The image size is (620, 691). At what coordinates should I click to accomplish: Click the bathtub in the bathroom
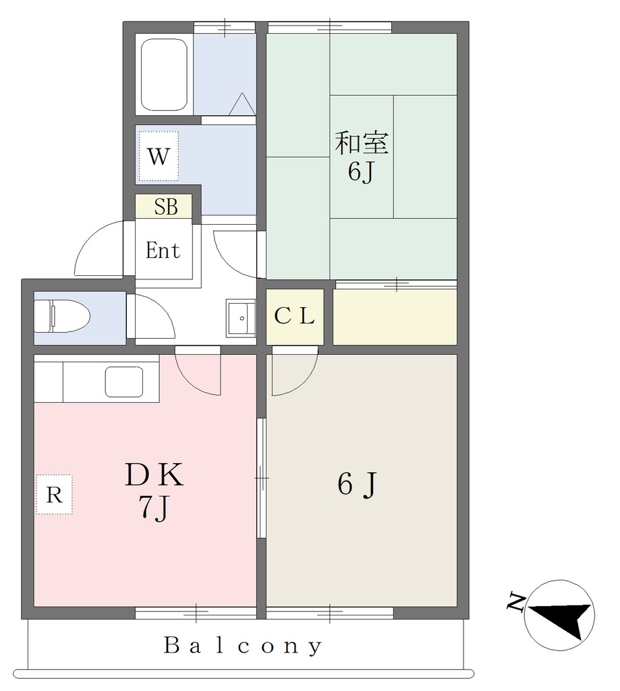(x=164, y=74)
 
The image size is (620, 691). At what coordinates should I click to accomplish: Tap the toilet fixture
(x=61, y=316)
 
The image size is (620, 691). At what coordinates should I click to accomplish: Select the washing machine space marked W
(x=159, y=156)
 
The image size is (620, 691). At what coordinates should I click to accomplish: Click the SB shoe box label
(x=166, y=206)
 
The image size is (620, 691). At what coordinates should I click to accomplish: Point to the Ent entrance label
(x=163, y=251)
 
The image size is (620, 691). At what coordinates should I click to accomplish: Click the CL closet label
(x=294, y=316)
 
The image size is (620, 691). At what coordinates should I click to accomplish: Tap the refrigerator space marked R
(x=54, y=495)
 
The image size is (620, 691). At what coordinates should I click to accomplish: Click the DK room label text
(x=154, y=474)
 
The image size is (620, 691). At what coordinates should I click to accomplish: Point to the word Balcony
(x=243, y=646)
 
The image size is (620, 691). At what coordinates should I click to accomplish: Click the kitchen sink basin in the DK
(x=124, y=382)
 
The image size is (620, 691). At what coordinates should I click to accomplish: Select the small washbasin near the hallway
(x=241, y=318)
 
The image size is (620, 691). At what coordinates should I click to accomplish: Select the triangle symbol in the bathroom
(x=242, y=104)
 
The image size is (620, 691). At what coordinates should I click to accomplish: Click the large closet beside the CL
(x=395, y=317)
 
